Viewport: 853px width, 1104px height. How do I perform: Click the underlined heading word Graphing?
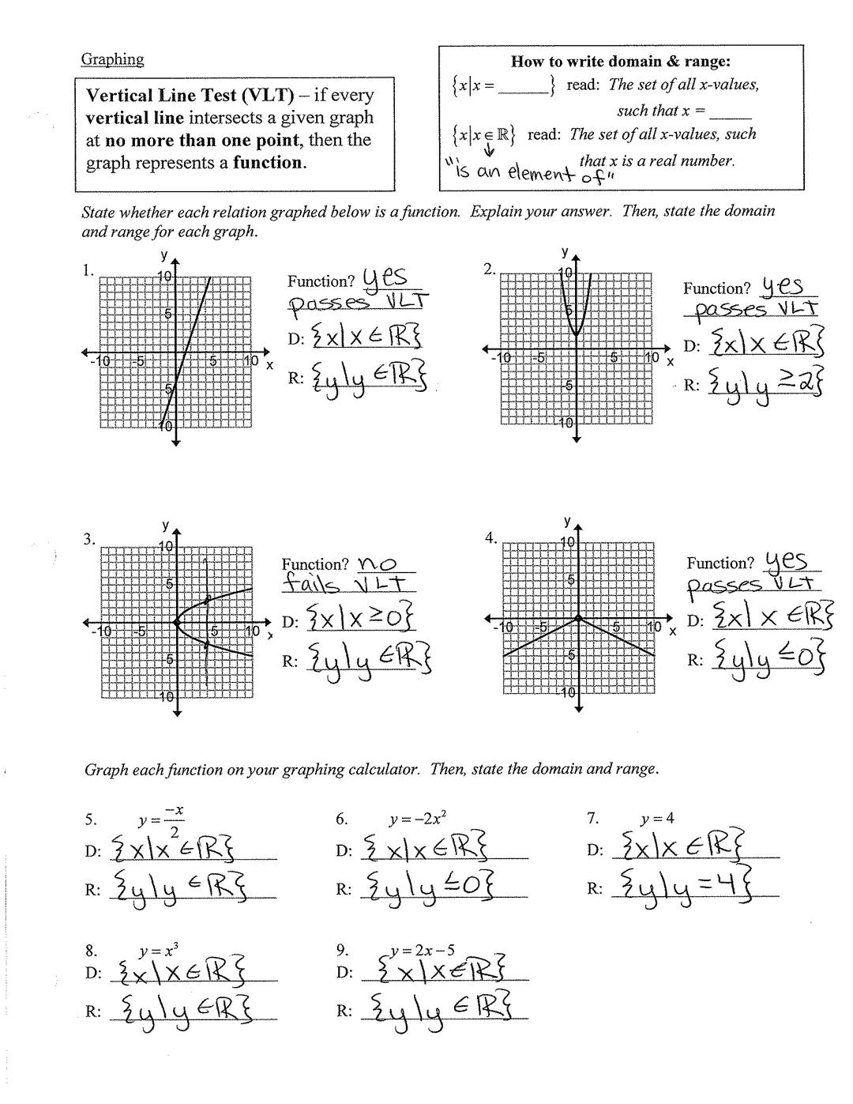112,59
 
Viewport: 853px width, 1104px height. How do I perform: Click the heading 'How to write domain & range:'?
621,62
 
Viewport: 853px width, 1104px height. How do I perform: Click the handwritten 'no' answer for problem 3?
377,563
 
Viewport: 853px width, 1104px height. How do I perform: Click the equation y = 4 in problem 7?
657,819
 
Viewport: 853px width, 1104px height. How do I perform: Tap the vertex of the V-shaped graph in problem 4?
578,618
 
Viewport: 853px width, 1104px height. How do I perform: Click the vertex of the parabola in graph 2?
577,335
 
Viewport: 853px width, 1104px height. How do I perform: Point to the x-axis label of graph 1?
269,365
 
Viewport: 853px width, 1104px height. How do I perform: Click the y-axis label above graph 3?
165,526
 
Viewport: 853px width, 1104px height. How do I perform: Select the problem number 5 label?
90,820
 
